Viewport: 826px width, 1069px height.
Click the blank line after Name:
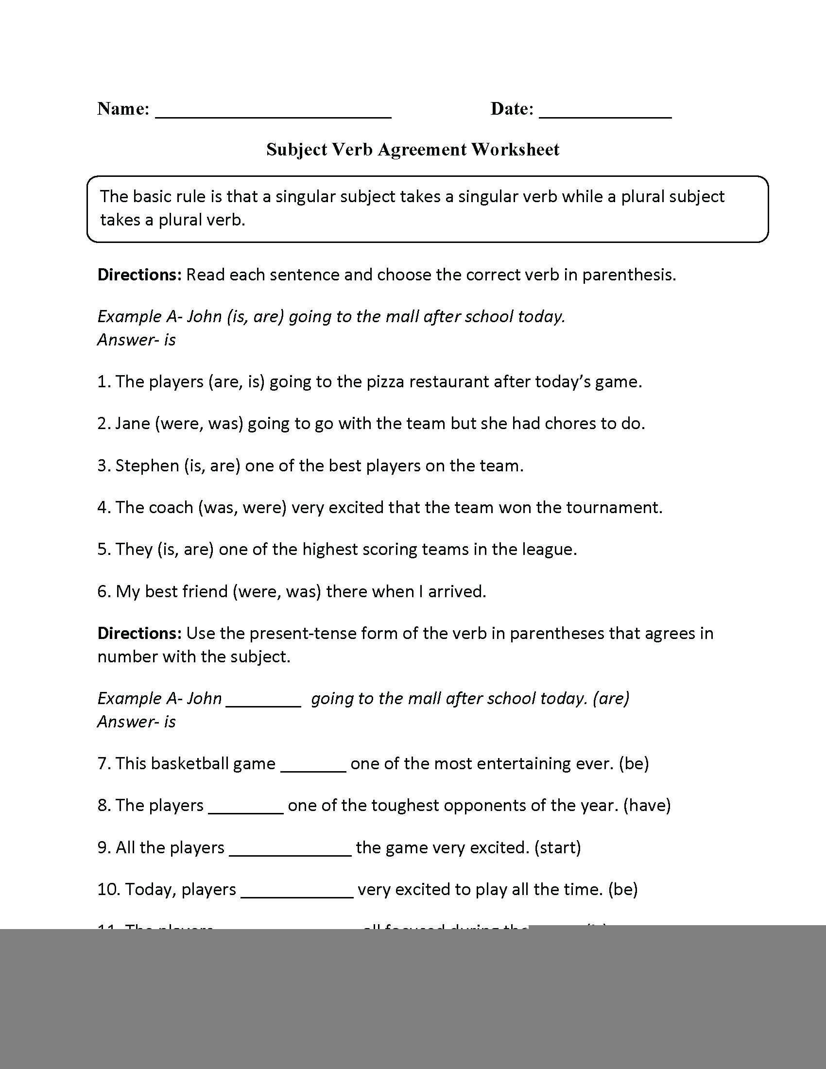(273, 116)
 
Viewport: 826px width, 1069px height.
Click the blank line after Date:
(605, 116)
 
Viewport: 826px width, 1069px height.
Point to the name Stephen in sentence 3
(147, 466)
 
